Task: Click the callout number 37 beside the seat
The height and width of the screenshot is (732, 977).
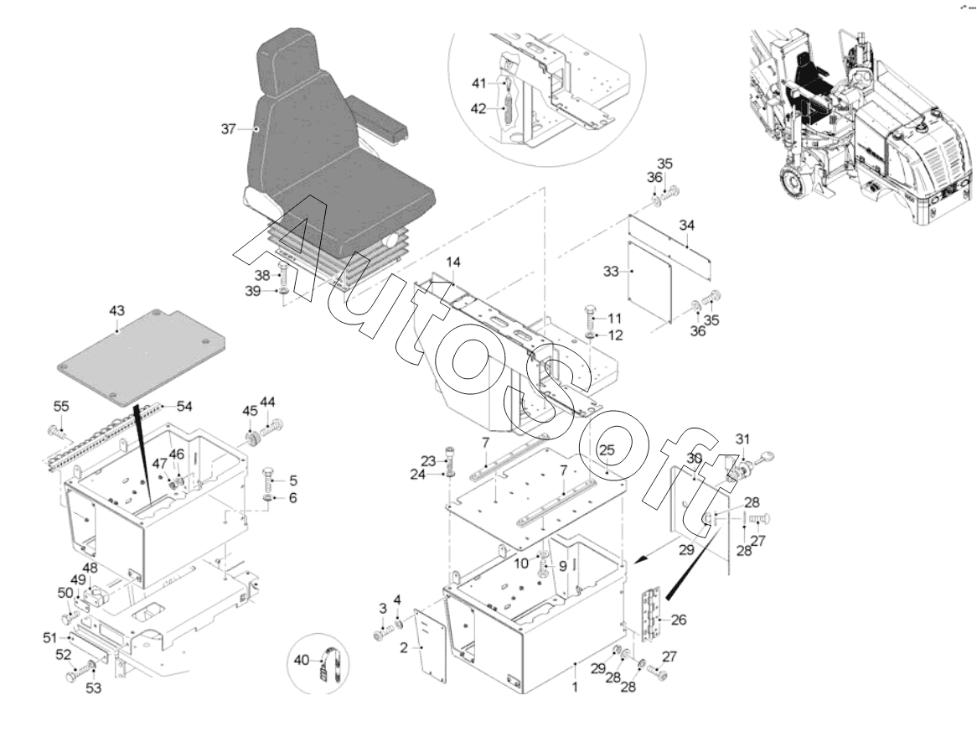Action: point(229,128)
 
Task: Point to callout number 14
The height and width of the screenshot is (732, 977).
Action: point(453,262)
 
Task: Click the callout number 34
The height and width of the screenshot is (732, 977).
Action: point(687,226)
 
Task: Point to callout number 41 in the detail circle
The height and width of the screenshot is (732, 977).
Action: point(478,82)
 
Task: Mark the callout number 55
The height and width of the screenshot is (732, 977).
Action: point(60,406)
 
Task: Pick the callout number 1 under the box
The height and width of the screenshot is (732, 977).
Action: point(575,687)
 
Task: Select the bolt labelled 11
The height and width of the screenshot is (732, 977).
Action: point(590,319)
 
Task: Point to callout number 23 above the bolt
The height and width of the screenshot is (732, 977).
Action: point(430,459)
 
